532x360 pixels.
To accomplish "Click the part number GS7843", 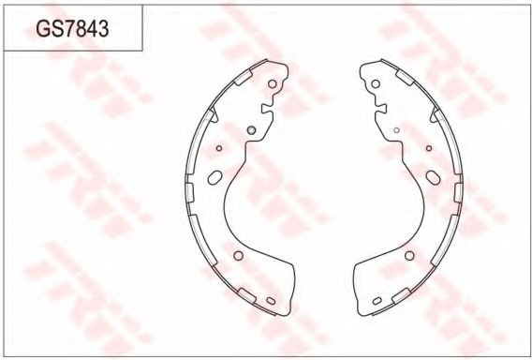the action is coord(72,28).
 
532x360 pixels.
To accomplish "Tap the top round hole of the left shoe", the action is coord(273,83).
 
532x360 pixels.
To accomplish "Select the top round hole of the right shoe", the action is coord(376,83).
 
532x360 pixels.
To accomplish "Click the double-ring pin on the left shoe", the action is coord(251,129).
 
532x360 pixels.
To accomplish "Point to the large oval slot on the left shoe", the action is coord(214,177).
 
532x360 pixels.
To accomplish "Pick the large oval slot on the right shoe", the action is coord(434,177).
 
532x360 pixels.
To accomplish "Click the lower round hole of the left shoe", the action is coord(239,256).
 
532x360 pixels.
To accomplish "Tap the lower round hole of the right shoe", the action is coord(409,256).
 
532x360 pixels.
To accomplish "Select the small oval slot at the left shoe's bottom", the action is coord(271,301).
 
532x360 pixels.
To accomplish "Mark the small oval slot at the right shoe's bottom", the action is coord(377,301).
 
